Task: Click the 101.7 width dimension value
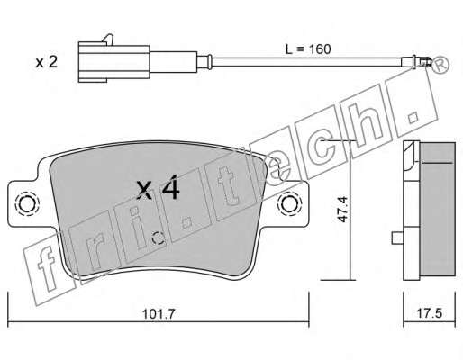[158, 314]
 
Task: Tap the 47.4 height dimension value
[342, 210]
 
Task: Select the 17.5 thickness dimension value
[430, 313]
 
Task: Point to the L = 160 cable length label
[308, 49]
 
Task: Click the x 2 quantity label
[47, 62]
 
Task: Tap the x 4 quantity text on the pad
[158, 188]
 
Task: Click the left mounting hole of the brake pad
[27, 204]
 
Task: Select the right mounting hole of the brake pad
[289, 204]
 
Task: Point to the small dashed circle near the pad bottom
[158, 238]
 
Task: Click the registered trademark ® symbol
[440, 66]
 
